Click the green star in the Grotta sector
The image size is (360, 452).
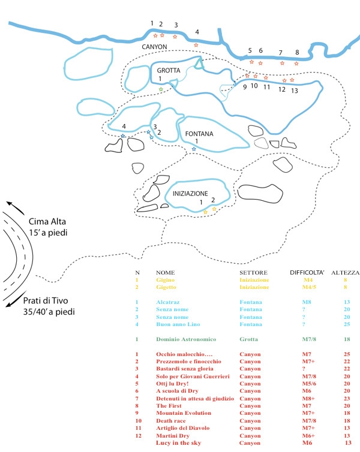(161, 89)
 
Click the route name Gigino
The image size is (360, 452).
(166, 279)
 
